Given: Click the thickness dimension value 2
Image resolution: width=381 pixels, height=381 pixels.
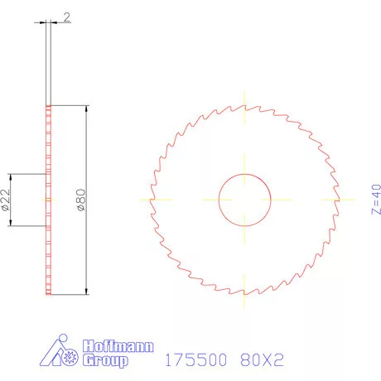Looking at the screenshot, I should coord(65,17).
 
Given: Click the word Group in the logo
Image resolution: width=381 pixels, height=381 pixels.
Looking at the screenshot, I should coord(106,361).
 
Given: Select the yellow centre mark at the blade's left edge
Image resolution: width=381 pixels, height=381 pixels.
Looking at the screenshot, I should coord(151,200).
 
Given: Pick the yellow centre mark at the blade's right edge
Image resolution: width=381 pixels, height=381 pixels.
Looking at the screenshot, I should coord(338,200).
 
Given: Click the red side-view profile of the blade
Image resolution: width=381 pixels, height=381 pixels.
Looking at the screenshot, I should coord(49,248).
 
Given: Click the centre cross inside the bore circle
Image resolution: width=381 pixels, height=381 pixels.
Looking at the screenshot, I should coord(244,200).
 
